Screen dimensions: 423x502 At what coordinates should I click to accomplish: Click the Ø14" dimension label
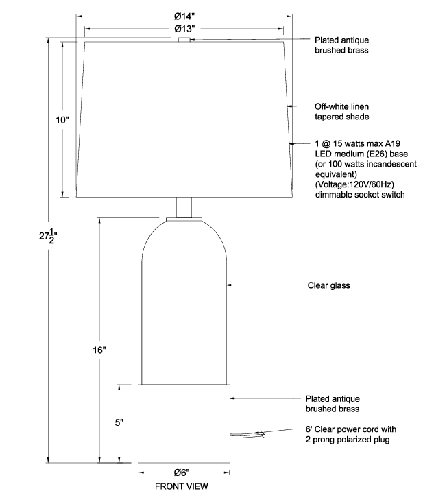tap(184, 16)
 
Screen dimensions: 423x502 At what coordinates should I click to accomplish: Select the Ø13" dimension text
tap(184, 29)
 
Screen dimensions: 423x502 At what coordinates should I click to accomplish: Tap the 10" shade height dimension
tap(62, 120)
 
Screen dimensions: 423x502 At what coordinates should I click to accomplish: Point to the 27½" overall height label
tap(48, 237)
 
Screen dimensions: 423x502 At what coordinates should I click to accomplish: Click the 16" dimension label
tap(99, 350)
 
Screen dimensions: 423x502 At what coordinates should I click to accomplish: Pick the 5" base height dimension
tap(119, 422)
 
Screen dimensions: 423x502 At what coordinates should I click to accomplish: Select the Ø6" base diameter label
tap(182, 473)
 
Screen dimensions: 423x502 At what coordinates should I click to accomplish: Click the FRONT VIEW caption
tap(182, 486)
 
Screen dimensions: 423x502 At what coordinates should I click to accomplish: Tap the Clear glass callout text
tap(328, 285)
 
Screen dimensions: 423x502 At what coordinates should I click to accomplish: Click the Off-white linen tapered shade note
tap(341, 111)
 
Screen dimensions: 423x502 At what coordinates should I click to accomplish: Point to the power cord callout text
tap(351, 434)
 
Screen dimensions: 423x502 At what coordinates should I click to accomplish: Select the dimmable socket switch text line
tap(360, 195)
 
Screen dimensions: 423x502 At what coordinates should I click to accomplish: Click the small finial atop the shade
tap(184, 40)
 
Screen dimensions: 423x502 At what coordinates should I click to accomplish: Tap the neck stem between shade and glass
tap(184, 208)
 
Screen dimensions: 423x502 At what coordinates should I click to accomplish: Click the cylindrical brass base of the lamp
tap(184, 424)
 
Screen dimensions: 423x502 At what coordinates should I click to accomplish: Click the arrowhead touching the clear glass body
tap(229, 285)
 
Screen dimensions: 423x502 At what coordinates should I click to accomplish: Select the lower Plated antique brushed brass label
tap(333, 404)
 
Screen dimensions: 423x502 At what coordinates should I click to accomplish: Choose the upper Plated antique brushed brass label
tap(341, 45)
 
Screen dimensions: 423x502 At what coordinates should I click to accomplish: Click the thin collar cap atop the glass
tap(184, 219)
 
